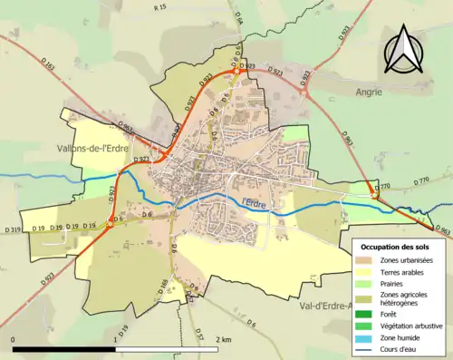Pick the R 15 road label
[160, 7]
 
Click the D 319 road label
[12, 229]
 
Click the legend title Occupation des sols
[395, 246]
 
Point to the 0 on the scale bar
[14, 339]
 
